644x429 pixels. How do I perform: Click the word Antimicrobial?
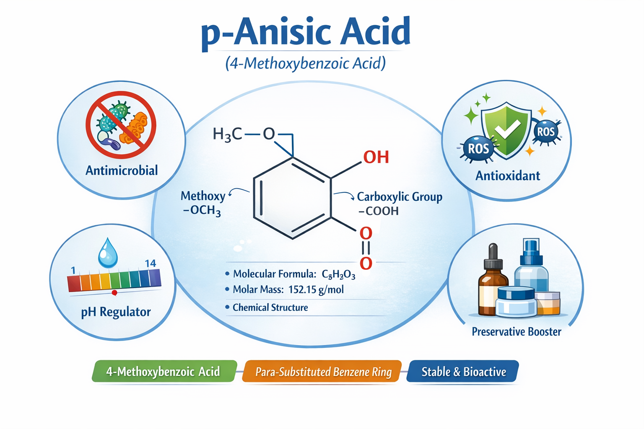coord(122,171)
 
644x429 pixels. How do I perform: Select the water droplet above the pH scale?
coord(108,253)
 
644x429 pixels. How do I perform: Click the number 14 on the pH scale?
coord(151,263)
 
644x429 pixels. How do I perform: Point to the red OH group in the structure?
coord(376,157)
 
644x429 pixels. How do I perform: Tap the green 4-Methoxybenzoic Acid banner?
coord(164,371)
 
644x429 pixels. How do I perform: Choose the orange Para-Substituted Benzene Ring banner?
coord(322,371)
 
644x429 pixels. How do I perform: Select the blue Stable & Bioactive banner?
coord(463,371)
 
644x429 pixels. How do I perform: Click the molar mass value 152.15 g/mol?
coord(316,289)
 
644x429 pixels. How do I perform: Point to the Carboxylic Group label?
coord(400,197)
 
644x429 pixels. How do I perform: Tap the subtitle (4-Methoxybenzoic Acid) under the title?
coord(305,64)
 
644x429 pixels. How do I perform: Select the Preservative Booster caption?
coord(517,332)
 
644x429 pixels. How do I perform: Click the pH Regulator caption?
coord(116,312)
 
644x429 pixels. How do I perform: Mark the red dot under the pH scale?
coord(114,293)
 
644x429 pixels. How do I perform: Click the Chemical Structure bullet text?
coord(270,308)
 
